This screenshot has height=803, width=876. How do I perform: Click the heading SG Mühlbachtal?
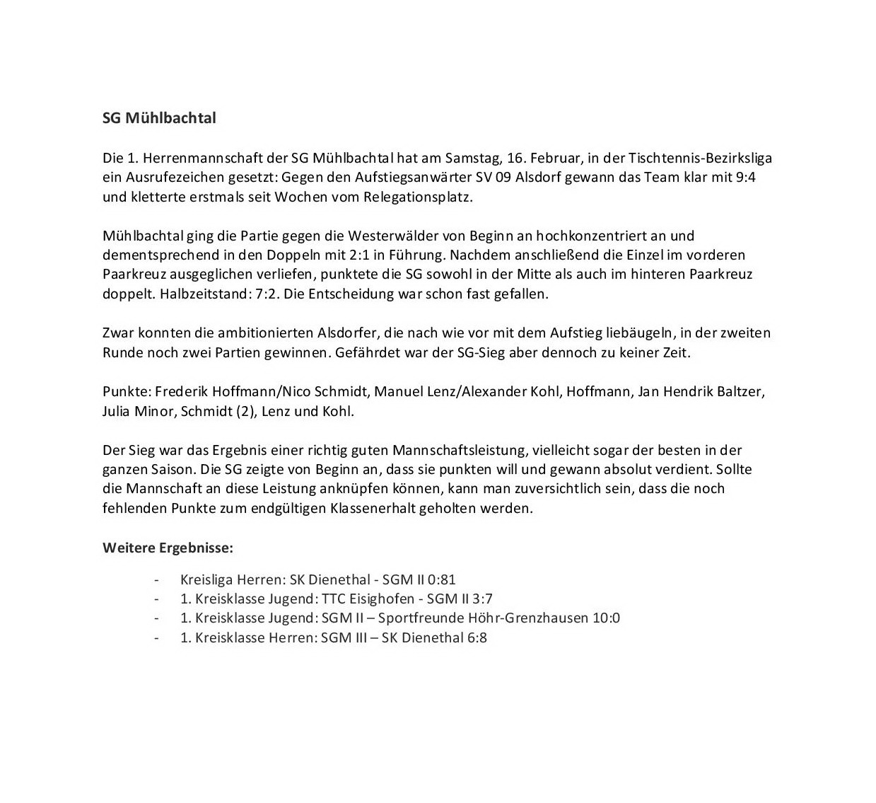coord(159,118)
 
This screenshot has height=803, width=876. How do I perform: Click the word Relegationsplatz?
coord(417,197)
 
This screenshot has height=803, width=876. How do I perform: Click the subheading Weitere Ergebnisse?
coord(168,548)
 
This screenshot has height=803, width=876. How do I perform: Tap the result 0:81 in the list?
coord(442,579)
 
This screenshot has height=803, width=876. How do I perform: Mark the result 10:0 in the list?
coord(606,618)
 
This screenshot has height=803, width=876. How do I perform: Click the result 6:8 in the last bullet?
coord(477,637)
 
